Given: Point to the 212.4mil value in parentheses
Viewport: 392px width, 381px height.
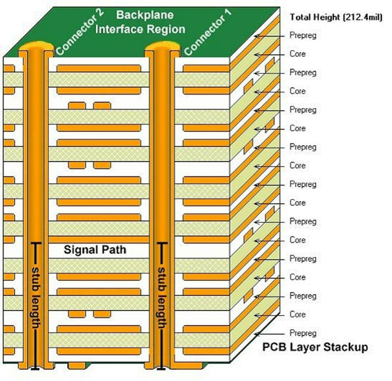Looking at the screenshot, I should (362, 17).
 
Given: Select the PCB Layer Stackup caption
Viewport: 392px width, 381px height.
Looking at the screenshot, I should (315, 347).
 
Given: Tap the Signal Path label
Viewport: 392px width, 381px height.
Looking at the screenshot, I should (95, 250).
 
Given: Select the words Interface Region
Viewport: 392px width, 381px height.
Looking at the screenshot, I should (140, 29).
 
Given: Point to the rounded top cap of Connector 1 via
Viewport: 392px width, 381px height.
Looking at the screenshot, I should (162, 46).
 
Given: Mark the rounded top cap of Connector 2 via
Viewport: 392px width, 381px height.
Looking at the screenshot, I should (36, 46).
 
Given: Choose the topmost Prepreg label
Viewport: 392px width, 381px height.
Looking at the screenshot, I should (303, 35).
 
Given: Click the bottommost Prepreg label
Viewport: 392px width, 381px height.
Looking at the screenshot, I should (303, 333).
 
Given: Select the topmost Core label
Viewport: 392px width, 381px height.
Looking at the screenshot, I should (298, 54).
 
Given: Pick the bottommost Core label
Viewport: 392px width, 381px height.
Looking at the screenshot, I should (298, 315).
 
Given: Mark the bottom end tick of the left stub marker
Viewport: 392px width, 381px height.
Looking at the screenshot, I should (36, 369).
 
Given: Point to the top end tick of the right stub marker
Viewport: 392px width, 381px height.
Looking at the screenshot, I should (162, 243).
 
